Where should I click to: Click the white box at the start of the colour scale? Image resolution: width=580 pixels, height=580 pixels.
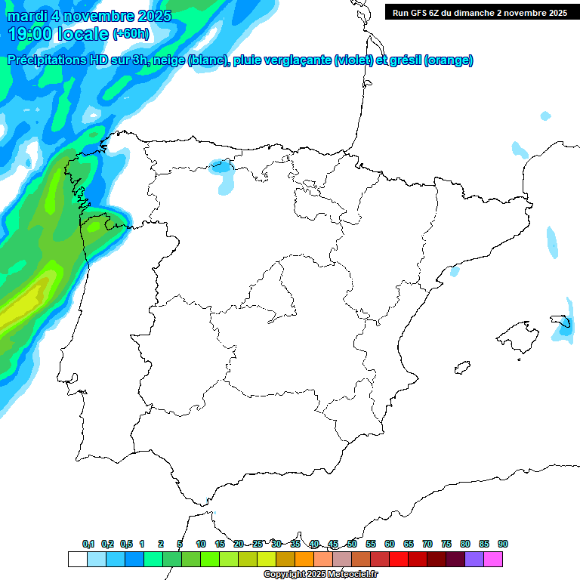pos(77,559)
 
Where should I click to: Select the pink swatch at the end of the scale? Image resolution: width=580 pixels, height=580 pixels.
pos(493,559)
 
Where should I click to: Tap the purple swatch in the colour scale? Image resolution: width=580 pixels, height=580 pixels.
pos(474,559)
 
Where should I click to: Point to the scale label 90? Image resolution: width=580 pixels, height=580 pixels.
pos(503,544)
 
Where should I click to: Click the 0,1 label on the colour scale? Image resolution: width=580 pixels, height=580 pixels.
pos(88,544)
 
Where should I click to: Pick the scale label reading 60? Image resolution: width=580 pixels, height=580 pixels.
pos(390,544)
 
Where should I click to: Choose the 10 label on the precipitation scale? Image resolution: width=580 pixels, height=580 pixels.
pos(201,544)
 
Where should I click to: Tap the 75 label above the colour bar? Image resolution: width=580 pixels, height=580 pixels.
pos(446,544)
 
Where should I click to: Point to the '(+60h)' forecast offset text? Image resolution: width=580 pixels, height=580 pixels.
pos(131,34)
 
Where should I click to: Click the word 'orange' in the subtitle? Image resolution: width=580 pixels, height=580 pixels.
pos(449,61)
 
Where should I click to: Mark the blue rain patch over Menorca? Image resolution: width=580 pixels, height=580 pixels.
pos(563,326)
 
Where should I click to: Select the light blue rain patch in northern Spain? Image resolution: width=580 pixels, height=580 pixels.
pos(223,174)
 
